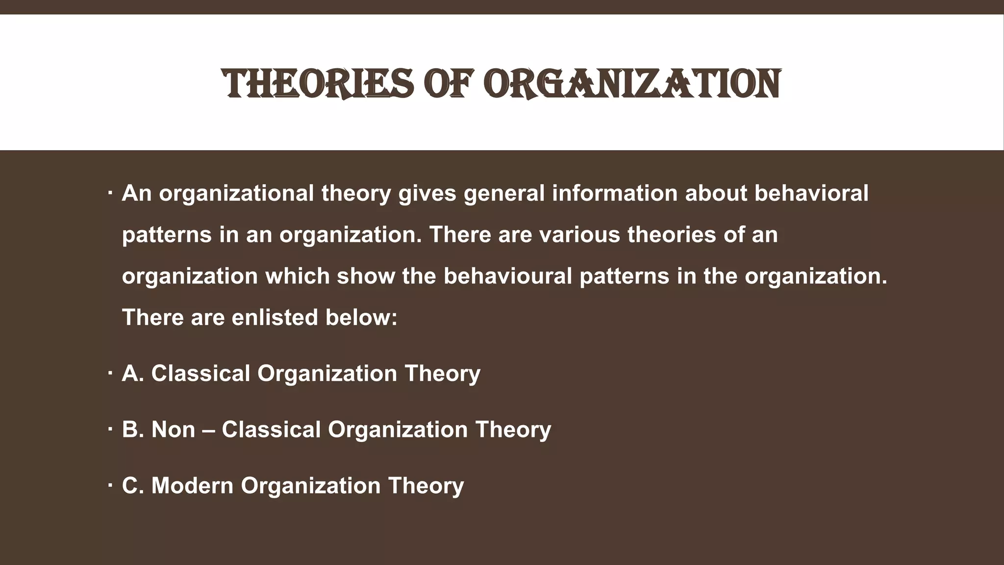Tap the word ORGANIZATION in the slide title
632,84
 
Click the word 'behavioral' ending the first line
811,193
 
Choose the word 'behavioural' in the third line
507,276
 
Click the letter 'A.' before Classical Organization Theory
133,373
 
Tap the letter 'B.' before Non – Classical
133,430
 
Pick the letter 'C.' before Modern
133,486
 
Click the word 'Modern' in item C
192,486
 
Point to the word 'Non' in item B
173,430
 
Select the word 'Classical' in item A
201,373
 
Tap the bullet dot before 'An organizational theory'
110,192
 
